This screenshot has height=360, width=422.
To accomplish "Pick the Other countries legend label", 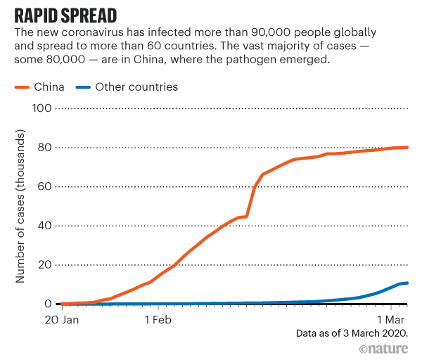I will click(x=136, y=87).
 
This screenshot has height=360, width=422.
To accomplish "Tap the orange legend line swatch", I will click(x=25, y=88).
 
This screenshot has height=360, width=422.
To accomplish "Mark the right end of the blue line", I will click(x=407, y=283).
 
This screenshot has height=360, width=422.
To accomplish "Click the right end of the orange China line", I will click(x=407, y=148).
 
